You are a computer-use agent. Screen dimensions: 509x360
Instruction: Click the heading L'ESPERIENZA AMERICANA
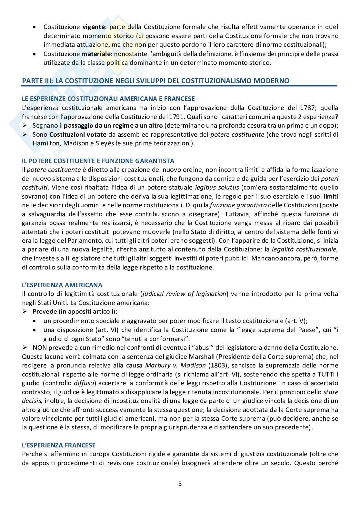click(x=62, y=285)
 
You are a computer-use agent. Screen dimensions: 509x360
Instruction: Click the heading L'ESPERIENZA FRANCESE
click(x=59, y=445)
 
